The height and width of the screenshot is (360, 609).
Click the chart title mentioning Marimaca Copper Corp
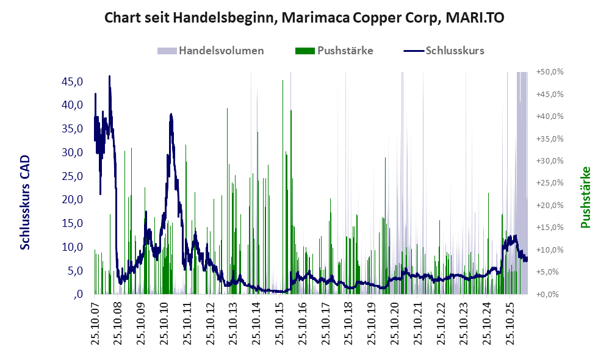tap(304, 18)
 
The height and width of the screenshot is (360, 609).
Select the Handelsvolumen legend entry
tap(211, 51)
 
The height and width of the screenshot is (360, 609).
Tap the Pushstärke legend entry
tap(334, 51)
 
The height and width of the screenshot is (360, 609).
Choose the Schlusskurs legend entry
tap(444, 51)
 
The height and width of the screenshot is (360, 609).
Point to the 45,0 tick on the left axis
tap(72, 82)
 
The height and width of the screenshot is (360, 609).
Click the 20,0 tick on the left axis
tap(72, 200)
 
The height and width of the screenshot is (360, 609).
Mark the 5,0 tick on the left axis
tap(75, 271)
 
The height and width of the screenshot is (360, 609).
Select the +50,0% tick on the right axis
tap(550, 72)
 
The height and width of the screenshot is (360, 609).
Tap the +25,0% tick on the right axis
tap(550, 183)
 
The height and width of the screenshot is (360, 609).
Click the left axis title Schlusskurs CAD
tap(25, 203)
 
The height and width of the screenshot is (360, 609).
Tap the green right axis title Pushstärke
tap(585, 197)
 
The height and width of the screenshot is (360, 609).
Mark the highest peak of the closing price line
tap(109, 76)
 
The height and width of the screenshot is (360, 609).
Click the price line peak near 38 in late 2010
tap(171, 115)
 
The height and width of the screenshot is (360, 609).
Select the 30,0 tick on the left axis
tap(72, 152)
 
